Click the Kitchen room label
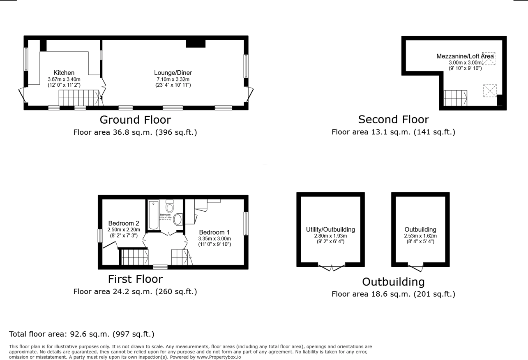pyautogui.click(x=64, y=73)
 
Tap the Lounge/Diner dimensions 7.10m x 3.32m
pyautogui.click(x=173, y=79)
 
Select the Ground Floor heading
pyautogui.click(x=135, y=120)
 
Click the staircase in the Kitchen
pyautogui.click(x=79, y=98)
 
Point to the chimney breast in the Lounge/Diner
pyautogui.click(x=195, y=43)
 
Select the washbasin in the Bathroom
pyautogui.click(x=178, y=219)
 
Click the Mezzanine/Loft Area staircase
pyautogui.click(x=455, y=98)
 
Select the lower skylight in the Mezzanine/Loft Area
pyautogui.click(x=489, y=90)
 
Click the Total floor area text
pyautogui.click(x=82, y=334)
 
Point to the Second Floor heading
pyautogui.click(x=393, y=120)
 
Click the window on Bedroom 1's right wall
pyautogui.click(x=246, y=224)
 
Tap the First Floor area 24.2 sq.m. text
pyautogui.click(x=135, y=291)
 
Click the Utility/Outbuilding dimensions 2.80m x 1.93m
pyautogui.click(x=330, y=236)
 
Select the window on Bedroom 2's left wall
pyautogui.click(x=100, y=235)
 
